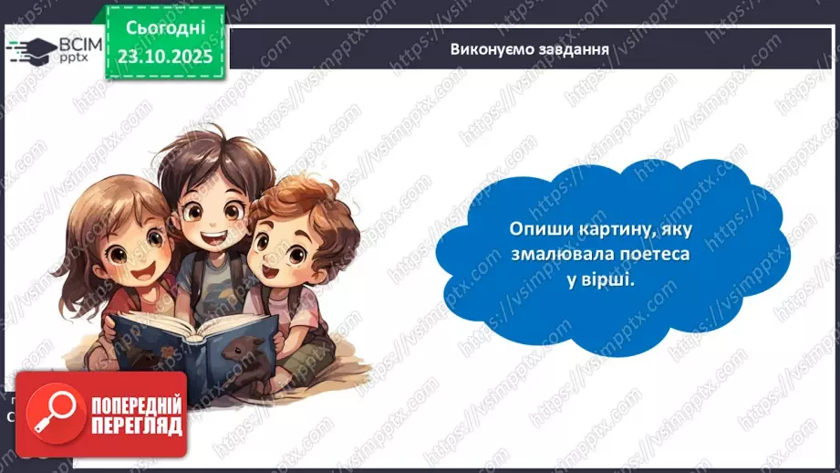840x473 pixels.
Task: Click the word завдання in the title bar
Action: coord(574,48)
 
